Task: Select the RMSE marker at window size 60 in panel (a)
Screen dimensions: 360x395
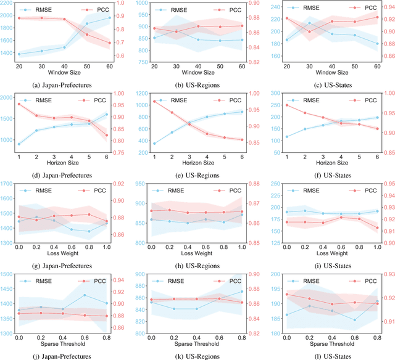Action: tap(110, 17)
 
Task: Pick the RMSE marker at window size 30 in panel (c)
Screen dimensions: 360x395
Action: tap(309, 23)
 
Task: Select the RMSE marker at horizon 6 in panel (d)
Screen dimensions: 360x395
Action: tap(110, 114)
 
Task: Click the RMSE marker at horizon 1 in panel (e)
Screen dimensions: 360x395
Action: tap(154, 144)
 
